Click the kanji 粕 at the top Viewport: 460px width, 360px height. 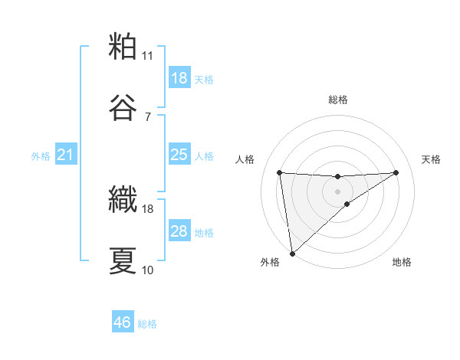point(123,47)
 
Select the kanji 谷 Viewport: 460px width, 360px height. point(123,108)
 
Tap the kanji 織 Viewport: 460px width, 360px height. point(123,200)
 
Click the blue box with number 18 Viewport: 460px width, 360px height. point(179,78)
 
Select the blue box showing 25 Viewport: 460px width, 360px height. point(179,155)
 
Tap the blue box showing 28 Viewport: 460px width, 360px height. point(179,231)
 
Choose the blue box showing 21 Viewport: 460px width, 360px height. point(66,155)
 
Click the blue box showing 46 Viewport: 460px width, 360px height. point(123,322)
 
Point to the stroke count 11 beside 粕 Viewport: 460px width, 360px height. point(147,56)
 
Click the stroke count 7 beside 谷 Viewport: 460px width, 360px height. point(147,117)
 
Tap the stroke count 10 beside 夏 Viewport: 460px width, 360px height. point(147,270)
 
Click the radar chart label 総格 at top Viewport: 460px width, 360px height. point(338,100)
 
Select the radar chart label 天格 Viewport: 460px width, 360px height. point(432,159)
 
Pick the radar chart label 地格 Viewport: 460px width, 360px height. point(402,263)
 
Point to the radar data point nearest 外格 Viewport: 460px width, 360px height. point(291,253)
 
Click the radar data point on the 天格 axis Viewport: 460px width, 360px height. point(396,172)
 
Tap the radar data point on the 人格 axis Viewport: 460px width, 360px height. point(279,172)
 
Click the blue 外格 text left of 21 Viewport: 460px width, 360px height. point(41,155)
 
